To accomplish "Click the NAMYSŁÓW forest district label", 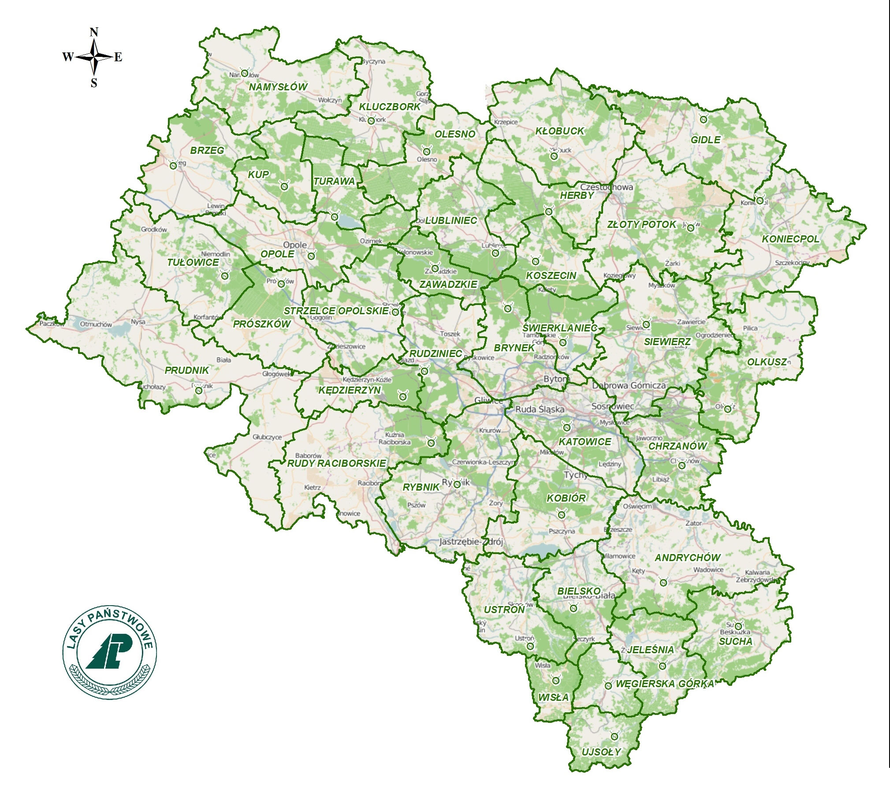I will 278,87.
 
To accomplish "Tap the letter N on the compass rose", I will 94,32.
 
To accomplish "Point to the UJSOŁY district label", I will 601,752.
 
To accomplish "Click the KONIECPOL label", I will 790,239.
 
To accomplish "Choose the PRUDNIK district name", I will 186,370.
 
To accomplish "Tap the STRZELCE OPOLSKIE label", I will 336,311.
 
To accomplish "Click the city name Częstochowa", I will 606,187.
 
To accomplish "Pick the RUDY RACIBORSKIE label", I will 336,463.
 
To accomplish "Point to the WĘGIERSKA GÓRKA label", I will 664,684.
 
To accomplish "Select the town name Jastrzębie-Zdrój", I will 471,542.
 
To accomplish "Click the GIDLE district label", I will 705,140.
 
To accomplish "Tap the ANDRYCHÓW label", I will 687,558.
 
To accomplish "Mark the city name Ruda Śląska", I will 540,409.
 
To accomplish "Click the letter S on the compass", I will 94,83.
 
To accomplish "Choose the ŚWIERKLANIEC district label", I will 559,328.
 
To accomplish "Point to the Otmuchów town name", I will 96,324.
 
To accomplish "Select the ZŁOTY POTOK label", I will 641,224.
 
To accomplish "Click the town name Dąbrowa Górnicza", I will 629,385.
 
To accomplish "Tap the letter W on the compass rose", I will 67,57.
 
